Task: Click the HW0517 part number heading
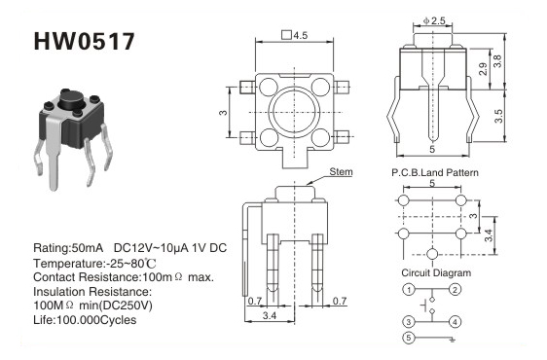coord(84,42)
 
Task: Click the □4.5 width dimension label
coord(295,35)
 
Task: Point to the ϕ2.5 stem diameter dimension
coord(434,21)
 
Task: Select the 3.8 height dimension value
coord(498,61)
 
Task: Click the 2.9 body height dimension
coord(483,69)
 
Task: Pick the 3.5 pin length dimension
coord(499,116)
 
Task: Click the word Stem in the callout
coord(341,172)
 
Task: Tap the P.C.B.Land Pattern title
coord(435,172)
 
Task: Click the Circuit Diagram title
coord(436,272)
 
